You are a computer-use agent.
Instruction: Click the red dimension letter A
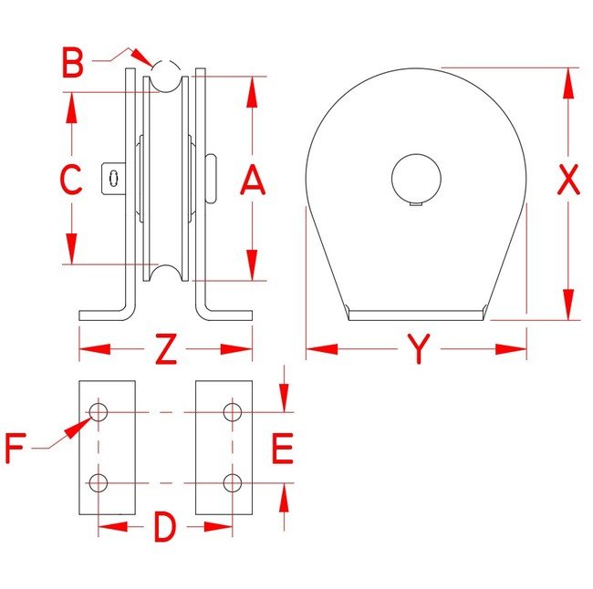click(x=253, y=181)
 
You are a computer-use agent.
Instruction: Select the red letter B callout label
click(x=72, y=62)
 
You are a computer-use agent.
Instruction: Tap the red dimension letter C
click(x=71, y=180)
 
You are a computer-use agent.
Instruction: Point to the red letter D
click(x=165, y=527)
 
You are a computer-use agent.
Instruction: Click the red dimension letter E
click(x=283, y=449)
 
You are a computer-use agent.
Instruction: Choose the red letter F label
click(x=16, y=449)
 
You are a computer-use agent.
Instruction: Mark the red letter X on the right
click(x=568, y=180)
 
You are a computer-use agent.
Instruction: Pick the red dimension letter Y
click(x=419, y=348)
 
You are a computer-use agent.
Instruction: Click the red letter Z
click(x=166, y=348)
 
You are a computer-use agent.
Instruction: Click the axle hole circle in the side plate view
click(x=416, y=179)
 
